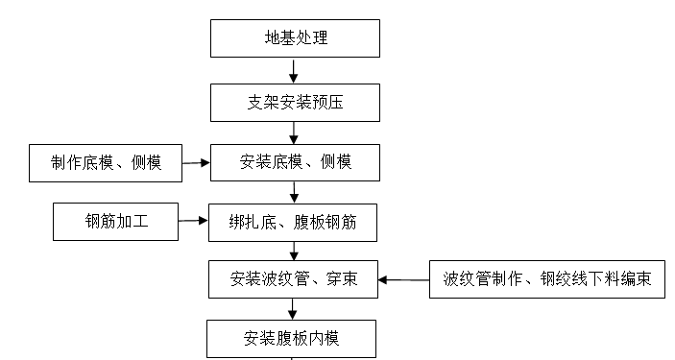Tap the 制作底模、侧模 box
tap(106, 162)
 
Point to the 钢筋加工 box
tap(115, 222)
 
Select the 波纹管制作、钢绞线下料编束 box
tap(546, 280)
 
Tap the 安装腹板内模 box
tap(287, 337)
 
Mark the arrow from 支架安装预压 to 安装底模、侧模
tap(293, 132)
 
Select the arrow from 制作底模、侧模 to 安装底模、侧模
tap(196, 162)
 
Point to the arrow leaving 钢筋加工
tap(193, 222)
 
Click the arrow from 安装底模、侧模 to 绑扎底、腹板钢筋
tap(293, 192)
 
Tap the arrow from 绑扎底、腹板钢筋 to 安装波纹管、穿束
tap(293, 251)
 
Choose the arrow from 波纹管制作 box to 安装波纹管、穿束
tap(403, 280)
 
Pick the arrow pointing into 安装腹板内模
tap(293, 308)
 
